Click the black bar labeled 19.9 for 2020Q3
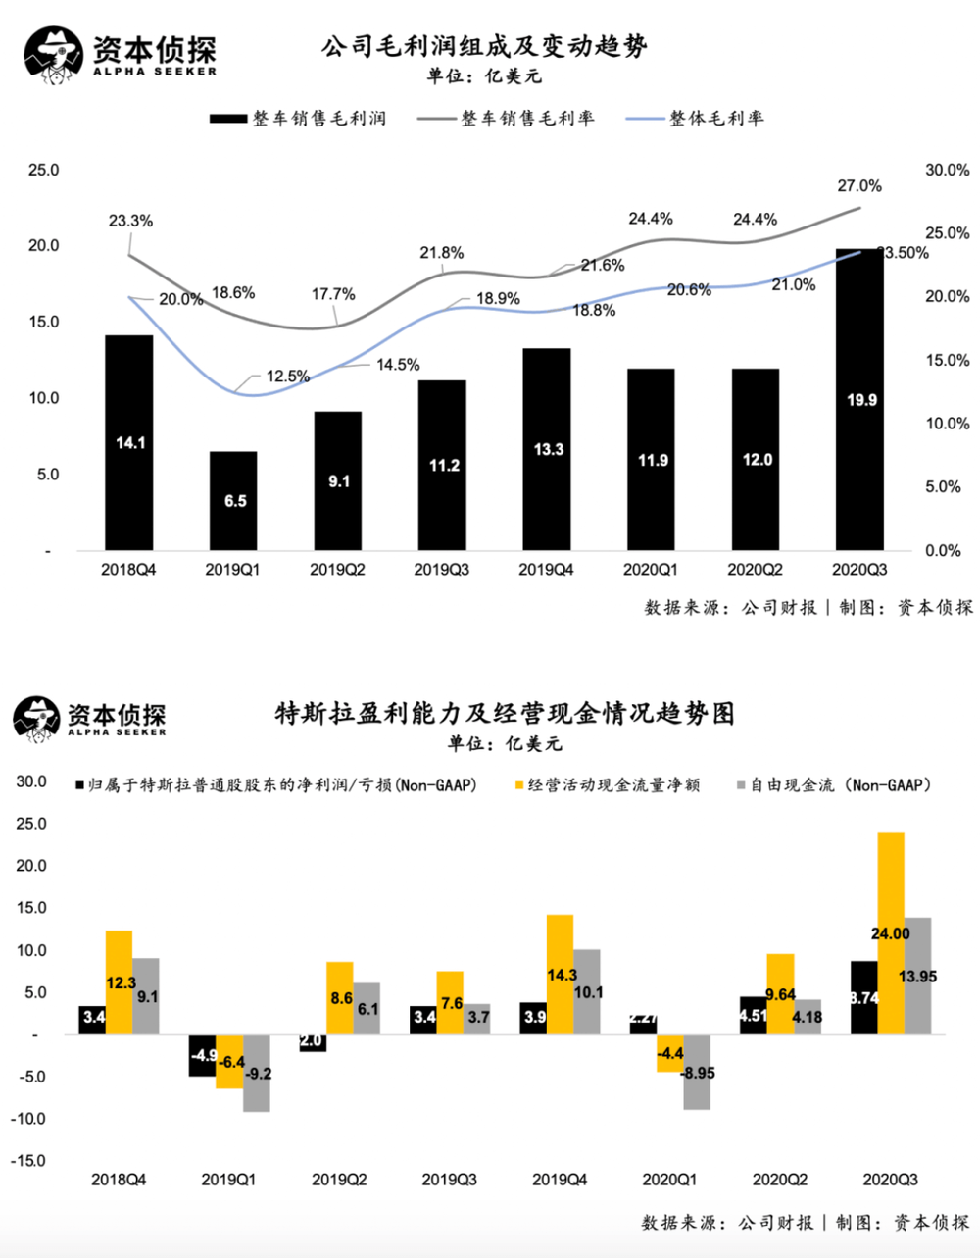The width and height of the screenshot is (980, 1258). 859,399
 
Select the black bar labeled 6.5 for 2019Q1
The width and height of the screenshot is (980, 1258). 234,500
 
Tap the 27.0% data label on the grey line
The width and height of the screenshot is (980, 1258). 859,186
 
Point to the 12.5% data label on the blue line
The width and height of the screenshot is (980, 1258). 288,377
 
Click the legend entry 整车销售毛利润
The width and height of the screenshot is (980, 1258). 298,119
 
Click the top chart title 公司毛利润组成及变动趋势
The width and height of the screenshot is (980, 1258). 484,46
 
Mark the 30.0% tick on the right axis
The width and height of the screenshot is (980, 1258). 947,171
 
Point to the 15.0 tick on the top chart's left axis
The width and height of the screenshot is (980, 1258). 42,322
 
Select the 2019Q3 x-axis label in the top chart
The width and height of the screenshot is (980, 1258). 444,570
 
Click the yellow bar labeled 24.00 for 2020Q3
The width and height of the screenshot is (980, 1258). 891,932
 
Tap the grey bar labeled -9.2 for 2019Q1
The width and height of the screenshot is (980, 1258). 257,1073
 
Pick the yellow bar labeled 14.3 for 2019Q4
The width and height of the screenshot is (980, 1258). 561,975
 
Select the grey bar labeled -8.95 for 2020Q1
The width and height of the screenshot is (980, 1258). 698,1072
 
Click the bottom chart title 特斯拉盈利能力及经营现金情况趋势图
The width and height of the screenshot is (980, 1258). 505,714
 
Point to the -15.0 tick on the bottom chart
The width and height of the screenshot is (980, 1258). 28,1161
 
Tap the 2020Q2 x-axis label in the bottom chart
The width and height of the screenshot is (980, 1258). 780,1180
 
